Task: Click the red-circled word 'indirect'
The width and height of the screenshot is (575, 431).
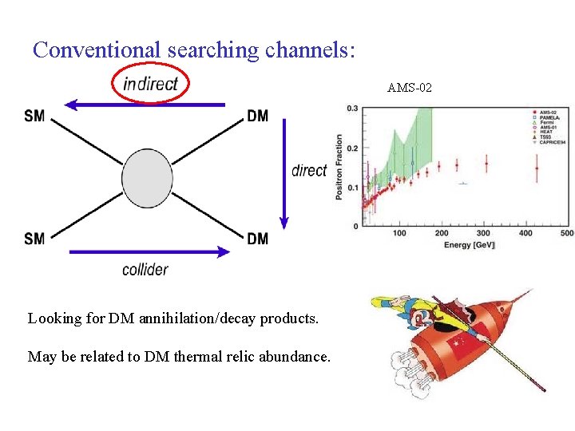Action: [151, 83]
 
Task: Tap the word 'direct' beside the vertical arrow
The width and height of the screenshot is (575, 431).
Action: [309, 170]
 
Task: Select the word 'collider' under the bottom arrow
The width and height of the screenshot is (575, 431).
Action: [145, 269]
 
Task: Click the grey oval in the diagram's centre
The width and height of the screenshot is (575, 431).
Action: [148, 178]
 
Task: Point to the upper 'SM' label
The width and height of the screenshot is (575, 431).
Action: [34, 116]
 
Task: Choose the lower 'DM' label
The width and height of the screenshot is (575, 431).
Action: [258, 239]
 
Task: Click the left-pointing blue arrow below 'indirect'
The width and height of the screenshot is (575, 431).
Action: [144, 104]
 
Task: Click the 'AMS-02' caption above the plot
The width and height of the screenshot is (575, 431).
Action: [410, 88]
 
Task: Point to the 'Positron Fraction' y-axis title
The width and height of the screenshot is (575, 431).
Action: [339, 167]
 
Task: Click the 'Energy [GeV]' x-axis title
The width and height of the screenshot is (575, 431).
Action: [470, 245]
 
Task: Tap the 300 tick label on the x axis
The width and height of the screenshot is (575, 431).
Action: [483, 233]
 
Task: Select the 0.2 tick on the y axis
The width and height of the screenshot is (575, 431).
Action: [352, 148]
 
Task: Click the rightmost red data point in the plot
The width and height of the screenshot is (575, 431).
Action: [537, 168]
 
